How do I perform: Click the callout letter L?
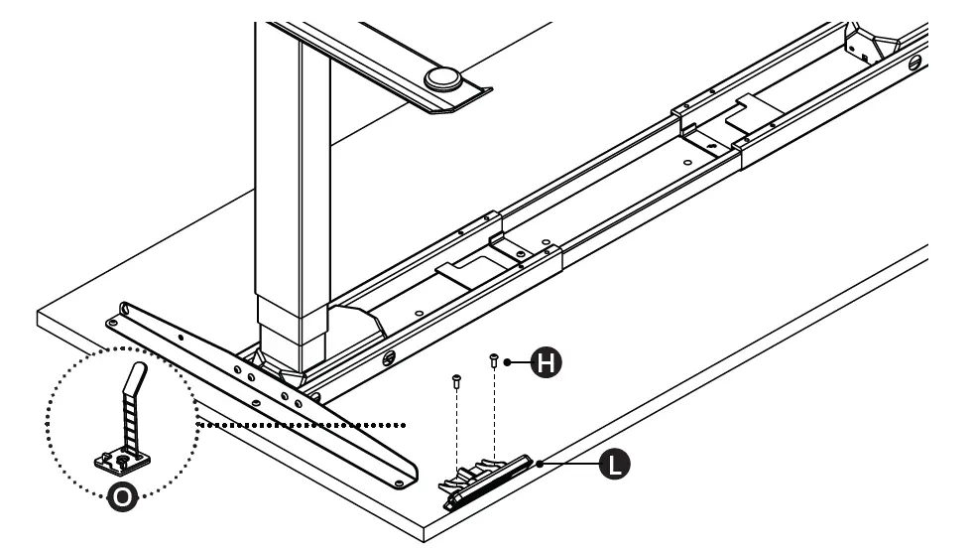(x=615, y=463)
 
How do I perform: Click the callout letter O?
(x=122, y=499)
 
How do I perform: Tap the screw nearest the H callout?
(x=493, y=361)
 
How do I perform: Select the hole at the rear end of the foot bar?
(x=113, y=321)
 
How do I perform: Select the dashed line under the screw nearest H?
(x=493, y=417)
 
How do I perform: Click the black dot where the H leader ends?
(x=509, y=363)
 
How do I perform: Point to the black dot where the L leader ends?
(x=540, y=463)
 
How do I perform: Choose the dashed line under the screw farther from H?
(x=457, y=427)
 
